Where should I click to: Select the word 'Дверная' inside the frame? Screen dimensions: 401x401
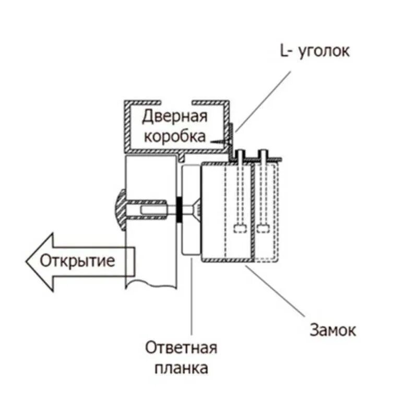point(175,116)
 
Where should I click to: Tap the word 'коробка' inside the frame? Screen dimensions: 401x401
point(175,137)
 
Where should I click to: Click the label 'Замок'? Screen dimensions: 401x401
point(333,330)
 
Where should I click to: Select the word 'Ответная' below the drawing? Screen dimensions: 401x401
point(181,348)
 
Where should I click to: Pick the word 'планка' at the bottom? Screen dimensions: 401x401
point(181,368)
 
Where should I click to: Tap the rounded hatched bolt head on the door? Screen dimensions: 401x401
point(119,211)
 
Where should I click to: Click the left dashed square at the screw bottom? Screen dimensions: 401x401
point(240,228)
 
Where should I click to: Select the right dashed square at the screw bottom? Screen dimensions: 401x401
point(263,228)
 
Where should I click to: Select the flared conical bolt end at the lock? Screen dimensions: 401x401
point(196,211)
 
